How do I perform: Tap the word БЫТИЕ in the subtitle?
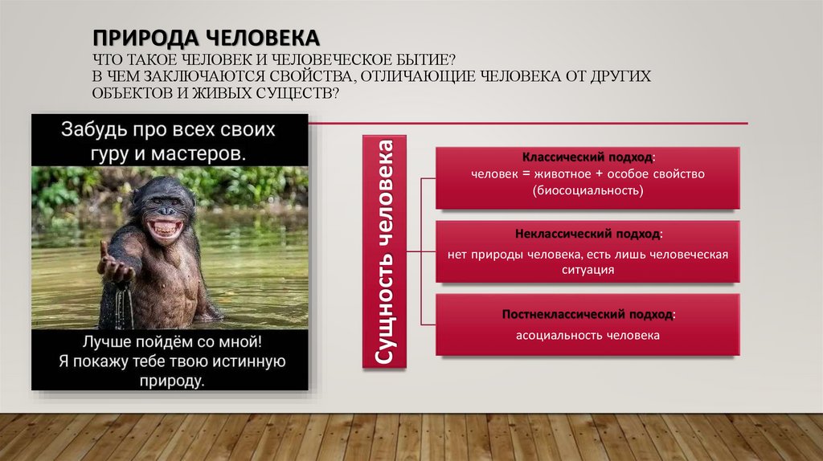click(x=423, y=61)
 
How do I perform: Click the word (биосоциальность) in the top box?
click(x=588, y=191)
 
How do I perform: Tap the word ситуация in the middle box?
click(x=588, y=271)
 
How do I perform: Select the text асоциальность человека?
click(x=588, y=336)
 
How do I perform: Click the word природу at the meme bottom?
click(x=170, y=380)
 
